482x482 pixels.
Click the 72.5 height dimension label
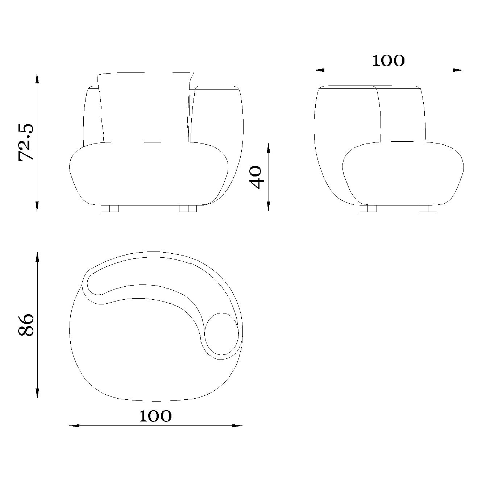tap(26, 142)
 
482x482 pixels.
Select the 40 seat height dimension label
tap(256, 177)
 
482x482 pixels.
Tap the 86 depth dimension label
tap(26, 325)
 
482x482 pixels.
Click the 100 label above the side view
tap(388, 61)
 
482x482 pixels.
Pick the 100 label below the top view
tap(155, 416)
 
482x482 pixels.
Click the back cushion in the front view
tap(145, 108)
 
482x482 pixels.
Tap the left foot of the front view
tap(110, 209)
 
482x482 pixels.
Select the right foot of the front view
tap(188, 209)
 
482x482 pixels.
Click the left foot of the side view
tap(368, 209)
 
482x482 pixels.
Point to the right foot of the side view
tap(428, 209)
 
